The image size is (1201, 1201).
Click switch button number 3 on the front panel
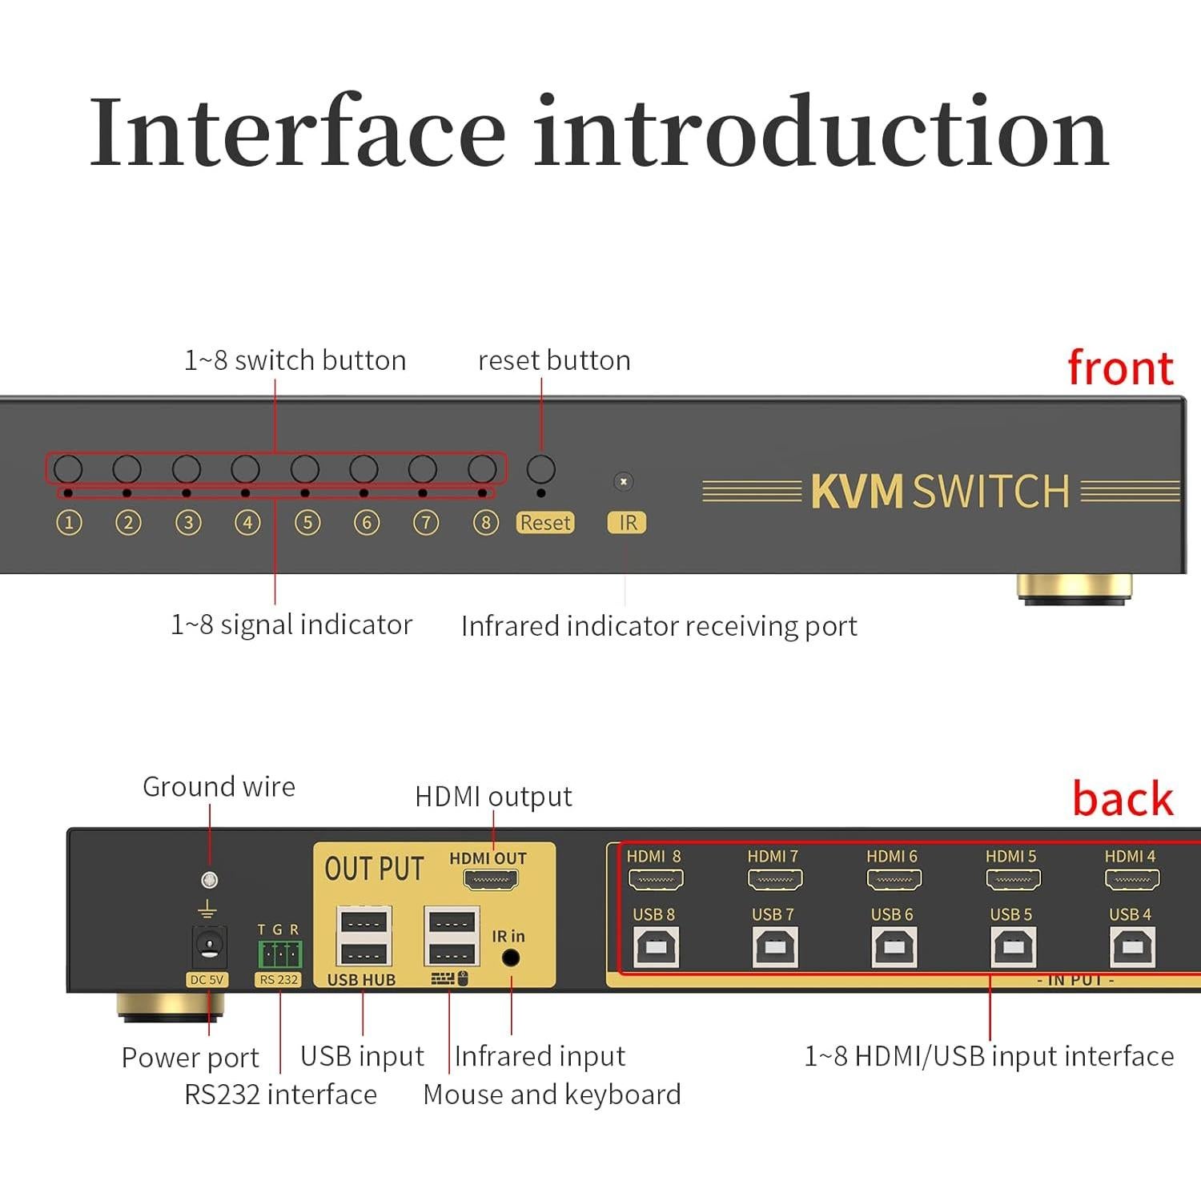click(x=187, y=468)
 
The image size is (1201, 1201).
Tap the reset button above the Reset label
click(x=541, y=469)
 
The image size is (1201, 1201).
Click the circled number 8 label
click(x=485, y=523)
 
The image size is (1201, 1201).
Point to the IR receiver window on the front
click(x=623, y=481)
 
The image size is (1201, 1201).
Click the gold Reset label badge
click(x=545, y=523)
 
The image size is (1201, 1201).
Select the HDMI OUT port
click(x=491, y=880)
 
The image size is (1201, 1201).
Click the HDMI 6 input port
click(x=894, y=880)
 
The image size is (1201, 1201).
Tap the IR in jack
click(x=510, y=958)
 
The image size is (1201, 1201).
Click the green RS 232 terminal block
click(x=279, y=954)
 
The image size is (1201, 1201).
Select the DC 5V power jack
click(x=208, y=948)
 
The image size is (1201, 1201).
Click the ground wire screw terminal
click(x=209, y=880)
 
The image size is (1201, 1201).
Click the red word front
click(x=1120, y=368)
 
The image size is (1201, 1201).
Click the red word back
click(x=1123, y=799)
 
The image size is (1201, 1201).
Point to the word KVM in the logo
click(x=857, y=492)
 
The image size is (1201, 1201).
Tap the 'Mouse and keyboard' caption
click(x=552, y=1095)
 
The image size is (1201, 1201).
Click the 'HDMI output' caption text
click(x=493, y=797)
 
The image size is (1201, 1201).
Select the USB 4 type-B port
click(x=1132, y=948)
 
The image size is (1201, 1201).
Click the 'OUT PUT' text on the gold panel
click(x=374, y=870)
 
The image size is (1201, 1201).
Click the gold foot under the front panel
click(x=1074, y=588)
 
